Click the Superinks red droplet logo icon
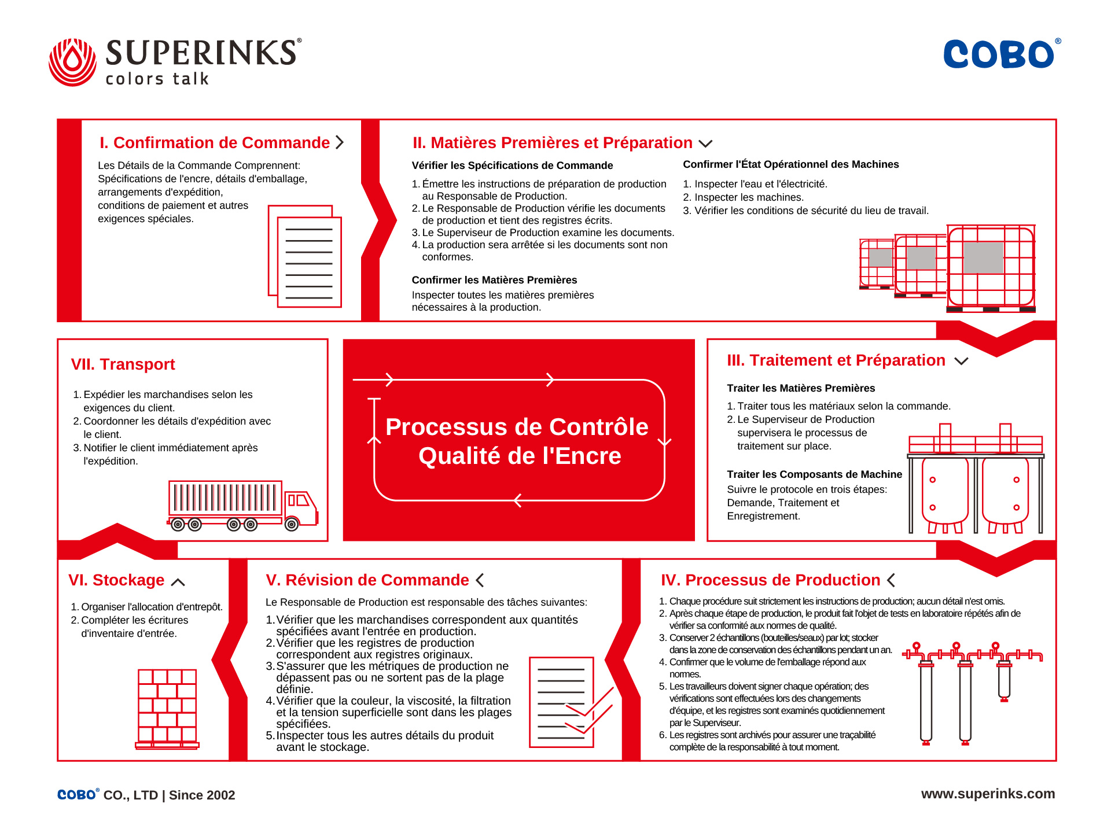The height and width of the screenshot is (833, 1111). point(72,62)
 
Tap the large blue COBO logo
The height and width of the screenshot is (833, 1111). point(999,54)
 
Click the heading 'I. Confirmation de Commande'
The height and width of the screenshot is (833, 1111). point(214,143)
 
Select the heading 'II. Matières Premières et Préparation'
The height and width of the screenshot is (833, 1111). point(552,143)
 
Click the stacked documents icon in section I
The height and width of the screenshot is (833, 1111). point(305,256)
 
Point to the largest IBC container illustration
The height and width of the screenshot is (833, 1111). point(991,267)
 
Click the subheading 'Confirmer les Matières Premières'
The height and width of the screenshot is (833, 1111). point(494,280)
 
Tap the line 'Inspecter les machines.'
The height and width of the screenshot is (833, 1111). point(749,197)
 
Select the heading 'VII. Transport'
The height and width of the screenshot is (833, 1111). point(123,364)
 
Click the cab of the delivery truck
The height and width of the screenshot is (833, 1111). point(301,508)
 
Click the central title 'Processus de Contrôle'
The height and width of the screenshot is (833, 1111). point(517,427)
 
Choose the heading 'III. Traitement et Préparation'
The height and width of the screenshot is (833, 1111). point(836,360)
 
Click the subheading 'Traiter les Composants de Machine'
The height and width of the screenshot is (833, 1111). point(814,474)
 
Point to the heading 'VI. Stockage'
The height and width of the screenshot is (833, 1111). point(116,580)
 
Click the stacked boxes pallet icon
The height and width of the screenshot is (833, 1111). point(167,708)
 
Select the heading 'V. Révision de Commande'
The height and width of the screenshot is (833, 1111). point(367,580)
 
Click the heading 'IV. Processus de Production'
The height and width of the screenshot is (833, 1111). point(770,580)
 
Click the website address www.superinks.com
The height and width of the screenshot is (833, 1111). point(988,794)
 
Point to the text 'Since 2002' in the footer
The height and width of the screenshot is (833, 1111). point(202,795)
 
